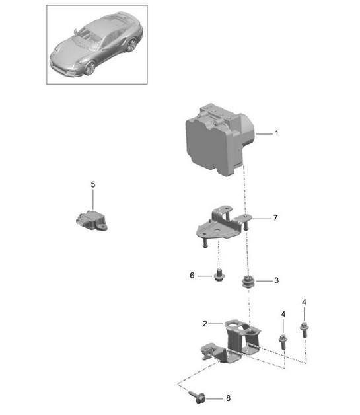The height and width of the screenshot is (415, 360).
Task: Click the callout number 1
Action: pyautogui.click(x=276, y=133)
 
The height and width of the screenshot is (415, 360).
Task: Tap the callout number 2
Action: pyautogui.click(x=205, y=324)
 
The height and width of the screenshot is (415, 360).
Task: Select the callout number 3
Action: pyautogui.click(x=276, y=281)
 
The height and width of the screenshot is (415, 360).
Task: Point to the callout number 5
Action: pyautogui.click(x=93, y=184)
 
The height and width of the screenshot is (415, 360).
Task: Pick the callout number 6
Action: pyautogui.click(x=191, y=276)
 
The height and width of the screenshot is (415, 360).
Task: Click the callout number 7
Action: pyautogui.click(x=276, y=217)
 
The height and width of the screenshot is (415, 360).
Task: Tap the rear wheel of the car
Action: pyautogui.click(x=131, y=45)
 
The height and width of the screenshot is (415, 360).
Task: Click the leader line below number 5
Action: pyautogui.click(x=93, y=198)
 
